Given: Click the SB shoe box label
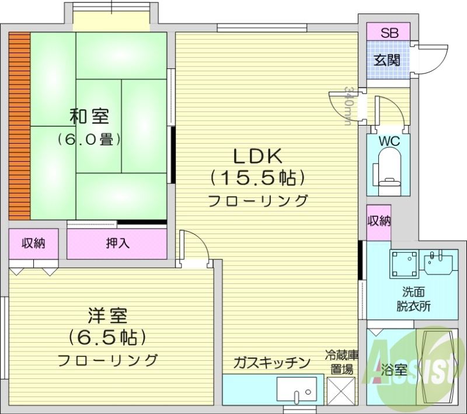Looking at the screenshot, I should click(x=388, y=33).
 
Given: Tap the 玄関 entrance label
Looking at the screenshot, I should click(x=388, y=60).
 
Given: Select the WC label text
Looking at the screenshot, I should click(x=388, y=141).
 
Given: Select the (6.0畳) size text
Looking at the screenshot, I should click(x=89, y=140).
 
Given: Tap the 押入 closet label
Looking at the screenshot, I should click(x=117, y=243).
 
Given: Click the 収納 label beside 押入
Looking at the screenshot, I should click(x=33, y=243).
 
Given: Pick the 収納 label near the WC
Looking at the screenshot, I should click(x=379, y=221).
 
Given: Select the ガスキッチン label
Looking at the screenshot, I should click(x=271, y=363).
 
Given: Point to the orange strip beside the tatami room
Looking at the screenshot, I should click(x=19, y=124).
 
